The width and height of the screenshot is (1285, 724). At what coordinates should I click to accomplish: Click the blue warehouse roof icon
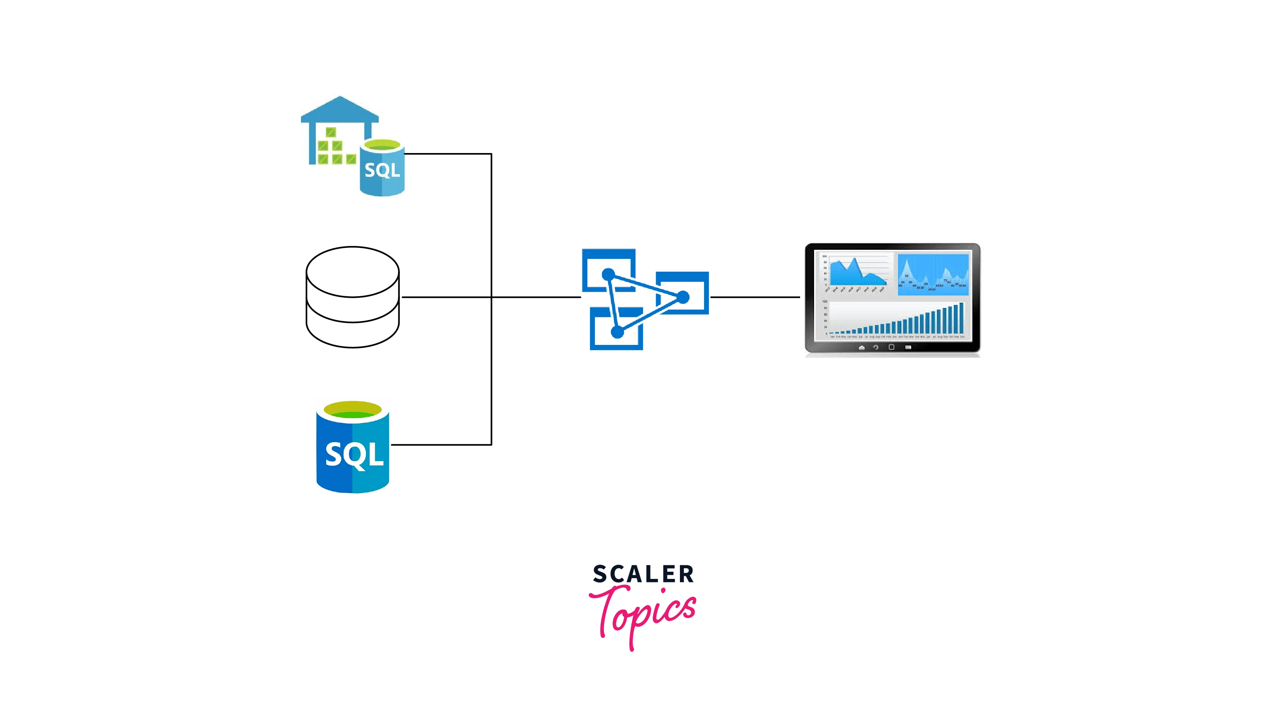(x=340, y=110)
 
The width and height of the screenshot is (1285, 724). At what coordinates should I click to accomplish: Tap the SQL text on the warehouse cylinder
(x=382, y=170)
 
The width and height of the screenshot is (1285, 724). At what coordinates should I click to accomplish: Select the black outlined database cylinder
(x=352, y=297)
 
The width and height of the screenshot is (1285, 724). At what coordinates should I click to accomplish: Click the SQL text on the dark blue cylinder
(x=354, y=455)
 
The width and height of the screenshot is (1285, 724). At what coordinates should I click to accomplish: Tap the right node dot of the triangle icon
(x=683, y=298)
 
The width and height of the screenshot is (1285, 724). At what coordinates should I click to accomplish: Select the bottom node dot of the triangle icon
(x=617, y=332)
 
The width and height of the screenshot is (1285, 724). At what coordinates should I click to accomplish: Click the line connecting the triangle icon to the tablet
(x=755, y=297)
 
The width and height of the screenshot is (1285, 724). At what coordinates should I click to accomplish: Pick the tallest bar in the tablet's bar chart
(x=961, y=318)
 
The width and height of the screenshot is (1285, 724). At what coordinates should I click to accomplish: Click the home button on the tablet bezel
(x=861, y=348)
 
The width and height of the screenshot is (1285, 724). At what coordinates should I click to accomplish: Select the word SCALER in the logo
(x=643, y=574)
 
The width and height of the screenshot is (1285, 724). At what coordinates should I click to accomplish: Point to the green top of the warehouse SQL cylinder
(x=382, y=145)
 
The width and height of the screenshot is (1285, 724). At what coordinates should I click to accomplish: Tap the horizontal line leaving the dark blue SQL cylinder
(x=441, y=444)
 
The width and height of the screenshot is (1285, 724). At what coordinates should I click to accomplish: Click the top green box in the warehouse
(x=331, y=132)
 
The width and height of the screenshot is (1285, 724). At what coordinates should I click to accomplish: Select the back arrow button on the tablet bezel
(x=875, y=348)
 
